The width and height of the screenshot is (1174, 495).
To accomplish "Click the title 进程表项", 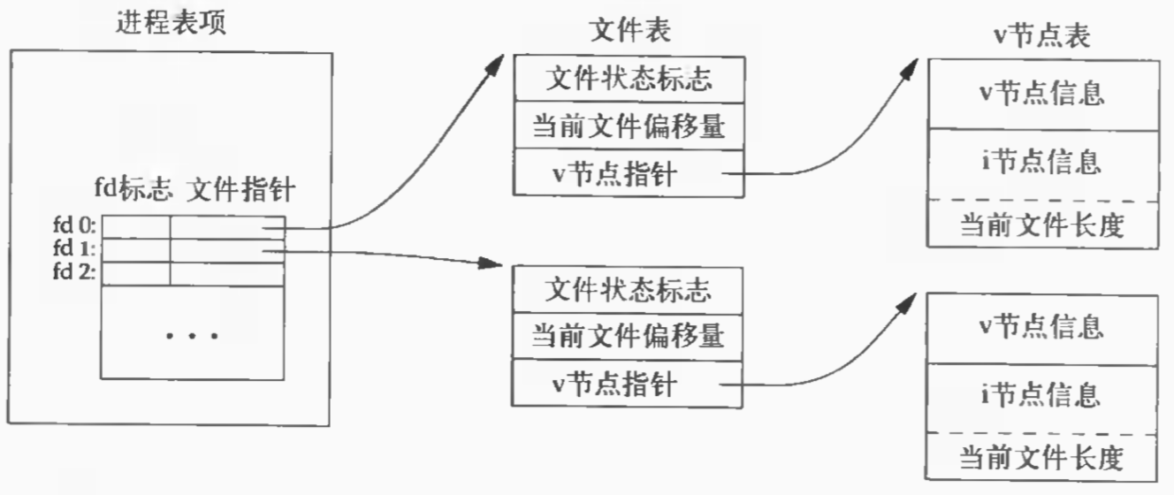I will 172,22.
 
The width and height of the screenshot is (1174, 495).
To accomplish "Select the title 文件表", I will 629,30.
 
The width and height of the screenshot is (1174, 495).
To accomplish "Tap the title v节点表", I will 1041,35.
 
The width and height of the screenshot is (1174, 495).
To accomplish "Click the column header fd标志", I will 133,190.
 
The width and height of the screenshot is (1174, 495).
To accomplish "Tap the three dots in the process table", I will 192,336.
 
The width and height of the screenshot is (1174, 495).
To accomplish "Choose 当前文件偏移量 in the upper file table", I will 629,127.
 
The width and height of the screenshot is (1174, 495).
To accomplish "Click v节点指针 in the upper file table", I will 614,174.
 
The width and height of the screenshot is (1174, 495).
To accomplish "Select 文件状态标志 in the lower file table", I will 629,289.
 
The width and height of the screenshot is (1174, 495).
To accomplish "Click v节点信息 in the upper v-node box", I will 1041,92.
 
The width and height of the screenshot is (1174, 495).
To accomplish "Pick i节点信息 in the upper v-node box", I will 1041,162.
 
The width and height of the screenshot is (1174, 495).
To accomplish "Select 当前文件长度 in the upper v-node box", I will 1041,225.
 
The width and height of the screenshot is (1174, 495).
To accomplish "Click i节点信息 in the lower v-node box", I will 1041,392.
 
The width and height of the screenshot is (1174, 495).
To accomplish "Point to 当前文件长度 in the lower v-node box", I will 1041,458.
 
